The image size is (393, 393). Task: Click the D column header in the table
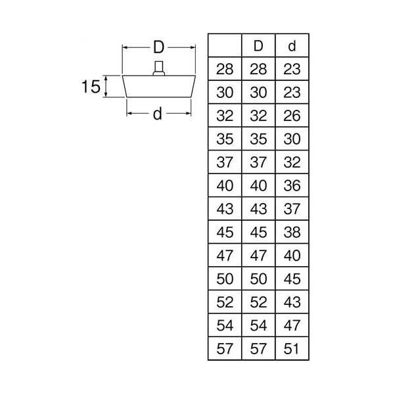(258, 46)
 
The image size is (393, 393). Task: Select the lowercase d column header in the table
(292, 46)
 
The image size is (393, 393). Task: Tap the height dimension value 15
(91, 87)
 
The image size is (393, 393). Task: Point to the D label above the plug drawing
(158, 47)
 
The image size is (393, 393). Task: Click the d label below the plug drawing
(158, 114)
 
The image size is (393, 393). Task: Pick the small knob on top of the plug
(158, 68)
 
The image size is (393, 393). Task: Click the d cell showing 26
(292, 116)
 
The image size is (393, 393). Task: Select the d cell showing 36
(292, 186)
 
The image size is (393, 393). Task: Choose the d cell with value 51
(292, 349)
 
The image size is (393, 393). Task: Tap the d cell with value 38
(292, 233)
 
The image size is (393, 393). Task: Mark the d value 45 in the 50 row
(292, 279)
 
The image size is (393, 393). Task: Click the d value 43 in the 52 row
(292, 302)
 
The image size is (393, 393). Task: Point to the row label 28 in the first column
(225, 69)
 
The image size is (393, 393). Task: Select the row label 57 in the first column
(225, 349)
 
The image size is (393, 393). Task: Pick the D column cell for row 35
(258, 139)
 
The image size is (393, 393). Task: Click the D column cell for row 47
(258, 256)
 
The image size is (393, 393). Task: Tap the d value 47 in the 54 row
(292, 325)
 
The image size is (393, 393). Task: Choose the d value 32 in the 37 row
(292, 162)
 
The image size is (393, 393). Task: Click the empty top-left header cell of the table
(225, 45)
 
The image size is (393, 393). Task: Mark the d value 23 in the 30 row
(292, 93)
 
